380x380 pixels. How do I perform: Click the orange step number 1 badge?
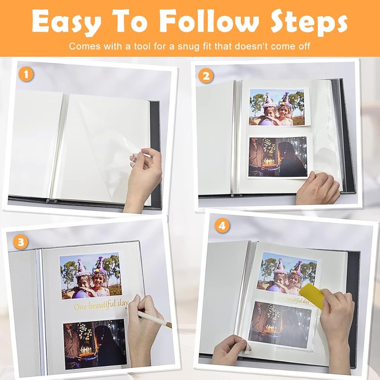click(x=26, y=74)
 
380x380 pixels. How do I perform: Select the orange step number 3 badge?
click(x=21, y=242)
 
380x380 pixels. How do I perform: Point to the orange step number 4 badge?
click(x=222, y=226)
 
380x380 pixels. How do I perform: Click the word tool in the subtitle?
click(x=141, y=46)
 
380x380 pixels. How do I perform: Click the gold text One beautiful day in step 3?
click(x=101, y=305)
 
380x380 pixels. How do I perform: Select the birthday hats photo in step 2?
click(x=277, y=107)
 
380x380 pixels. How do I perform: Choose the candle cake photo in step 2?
click(x=278, y=157)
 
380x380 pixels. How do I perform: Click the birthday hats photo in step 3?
click(x=91, y=276)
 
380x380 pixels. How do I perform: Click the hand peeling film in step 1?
click(x=143, y=178)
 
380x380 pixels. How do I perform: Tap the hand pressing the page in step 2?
click(x=318, y=188)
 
